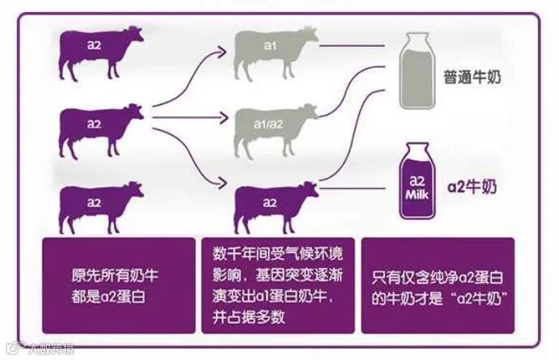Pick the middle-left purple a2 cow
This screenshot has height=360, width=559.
(97, 128)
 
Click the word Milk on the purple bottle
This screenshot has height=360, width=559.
(418, 195)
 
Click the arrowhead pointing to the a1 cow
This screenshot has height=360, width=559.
(227, 52)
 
